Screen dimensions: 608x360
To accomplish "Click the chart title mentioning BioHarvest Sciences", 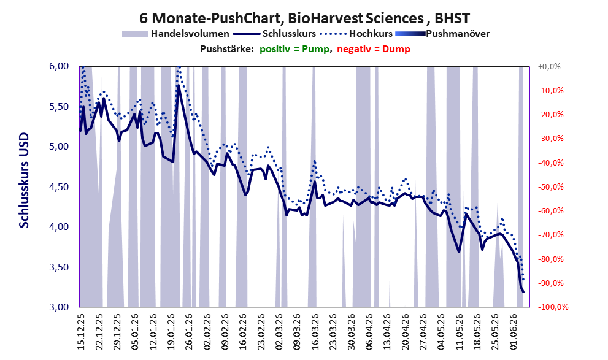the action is (304, 18).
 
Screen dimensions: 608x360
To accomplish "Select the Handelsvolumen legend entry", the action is (175, 34).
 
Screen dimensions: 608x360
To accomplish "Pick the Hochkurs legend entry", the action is (356, 34).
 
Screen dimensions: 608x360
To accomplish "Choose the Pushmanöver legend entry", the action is (442, 34).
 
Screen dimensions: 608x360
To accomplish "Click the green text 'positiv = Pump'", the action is (294, 49).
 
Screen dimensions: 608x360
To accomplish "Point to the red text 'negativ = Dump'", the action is (374, 49).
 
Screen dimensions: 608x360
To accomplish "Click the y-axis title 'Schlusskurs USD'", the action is (24, 180).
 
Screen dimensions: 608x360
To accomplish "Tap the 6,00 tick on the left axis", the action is (59, 66).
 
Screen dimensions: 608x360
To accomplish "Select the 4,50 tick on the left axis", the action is (59, 187).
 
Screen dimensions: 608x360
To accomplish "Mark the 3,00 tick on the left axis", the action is (59, 307).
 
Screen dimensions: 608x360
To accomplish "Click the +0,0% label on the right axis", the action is (549, 67).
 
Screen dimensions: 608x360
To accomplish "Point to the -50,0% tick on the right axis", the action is (550, 187).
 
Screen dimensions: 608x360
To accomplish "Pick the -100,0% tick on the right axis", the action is (553, 307).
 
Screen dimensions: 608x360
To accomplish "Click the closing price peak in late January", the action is (179, 86).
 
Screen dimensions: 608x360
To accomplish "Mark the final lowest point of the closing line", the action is (523, 292).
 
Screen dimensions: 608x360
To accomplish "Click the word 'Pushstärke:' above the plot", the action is (227, 49).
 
